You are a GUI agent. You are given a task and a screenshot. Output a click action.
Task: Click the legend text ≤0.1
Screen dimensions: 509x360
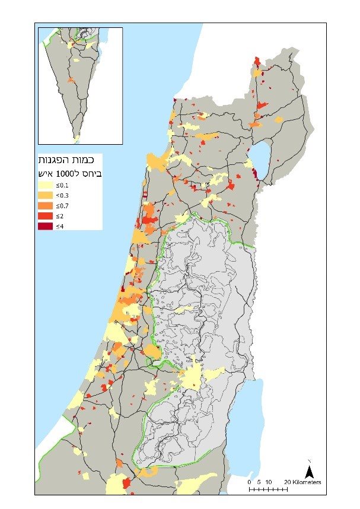coord(62,185)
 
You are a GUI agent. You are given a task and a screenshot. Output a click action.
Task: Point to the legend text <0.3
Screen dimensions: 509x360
coord(62,195)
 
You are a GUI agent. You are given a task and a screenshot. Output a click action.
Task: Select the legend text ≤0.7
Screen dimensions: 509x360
coord(62,205)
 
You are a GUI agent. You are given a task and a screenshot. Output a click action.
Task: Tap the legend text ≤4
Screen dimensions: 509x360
coord(60,226)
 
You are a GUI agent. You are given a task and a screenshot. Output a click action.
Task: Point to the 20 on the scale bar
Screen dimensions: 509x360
coord(288,482)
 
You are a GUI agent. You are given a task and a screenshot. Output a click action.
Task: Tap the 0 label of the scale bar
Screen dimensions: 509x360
coord(250,482)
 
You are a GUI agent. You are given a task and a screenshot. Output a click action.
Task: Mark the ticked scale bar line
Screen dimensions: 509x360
coord(268,489)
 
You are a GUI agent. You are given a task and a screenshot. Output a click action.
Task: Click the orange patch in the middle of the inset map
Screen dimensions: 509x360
coord(71,79)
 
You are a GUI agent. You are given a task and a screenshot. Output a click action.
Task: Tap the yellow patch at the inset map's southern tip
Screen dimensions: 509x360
coord(77,138)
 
